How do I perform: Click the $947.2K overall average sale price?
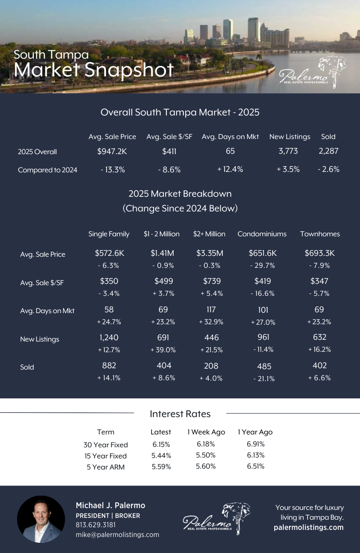pos(112,151)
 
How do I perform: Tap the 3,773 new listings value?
pos(288,151)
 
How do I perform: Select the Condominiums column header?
pos(262,234)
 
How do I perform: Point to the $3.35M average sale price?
pos(210,253)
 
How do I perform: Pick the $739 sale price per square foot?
pos(212,281)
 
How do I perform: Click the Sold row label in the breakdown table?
pos(27,367)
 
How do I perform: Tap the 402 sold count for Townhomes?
pos(319,366)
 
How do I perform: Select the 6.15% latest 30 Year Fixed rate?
pos(161,444)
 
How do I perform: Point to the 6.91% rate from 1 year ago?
pos(256,444)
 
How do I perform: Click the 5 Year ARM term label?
pos(106,467)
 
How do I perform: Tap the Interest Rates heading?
pos(180,414)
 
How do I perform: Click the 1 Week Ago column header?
pos(206,432)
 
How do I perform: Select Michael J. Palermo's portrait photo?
pos(41,519)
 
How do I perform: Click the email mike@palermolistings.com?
pos(117,534)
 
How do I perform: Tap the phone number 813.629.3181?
pos(96,525)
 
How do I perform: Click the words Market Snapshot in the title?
pos(94,70)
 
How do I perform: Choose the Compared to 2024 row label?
pos(47,170)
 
